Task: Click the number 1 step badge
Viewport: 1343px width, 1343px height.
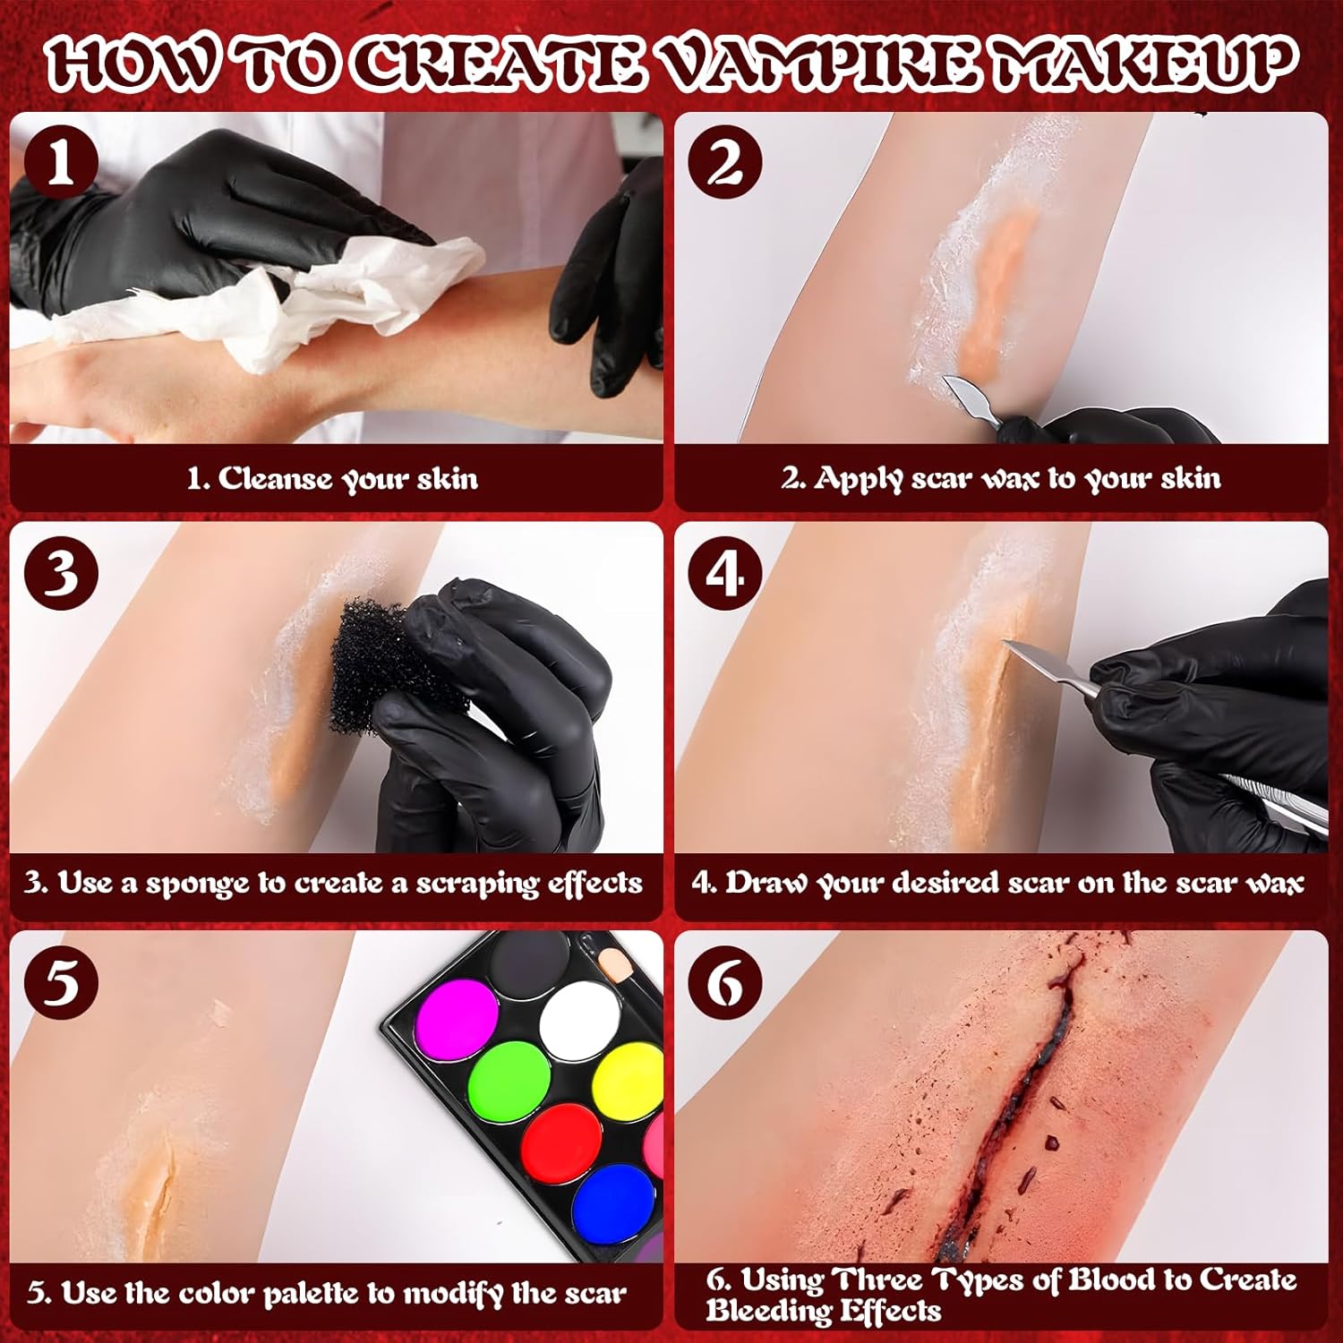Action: coord(61,164)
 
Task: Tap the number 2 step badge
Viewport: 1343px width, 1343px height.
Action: coord(725,164)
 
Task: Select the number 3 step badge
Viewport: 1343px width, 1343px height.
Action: coord(61,574)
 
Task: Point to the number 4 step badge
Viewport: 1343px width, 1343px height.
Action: coord(725,574)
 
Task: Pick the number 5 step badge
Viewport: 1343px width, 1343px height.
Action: coord(61,983)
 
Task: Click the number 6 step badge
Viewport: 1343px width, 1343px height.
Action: coord(725,983)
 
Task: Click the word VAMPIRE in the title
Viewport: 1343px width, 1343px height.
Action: coord(823,64)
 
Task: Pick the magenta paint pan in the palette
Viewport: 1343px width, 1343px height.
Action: coord(457,1022)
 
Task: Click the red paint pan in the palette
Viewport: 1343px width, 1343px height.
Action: coord(561,1143)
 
